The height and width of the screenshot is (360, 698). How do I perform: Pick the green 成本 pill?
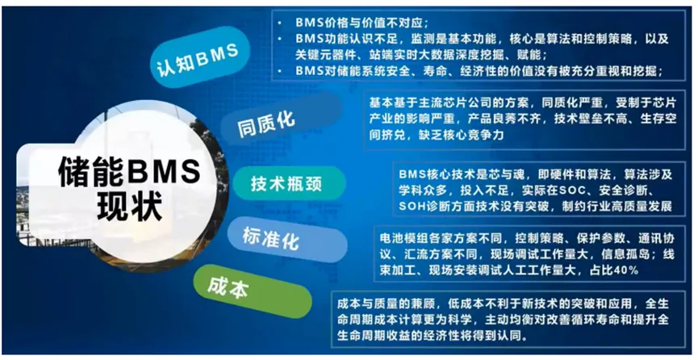(252, 291)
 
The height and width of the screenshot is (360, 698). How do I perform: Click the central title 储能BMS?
(129, 173)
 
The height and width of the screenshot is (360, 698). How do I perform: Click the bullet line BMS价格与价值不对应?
(362, 23)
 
